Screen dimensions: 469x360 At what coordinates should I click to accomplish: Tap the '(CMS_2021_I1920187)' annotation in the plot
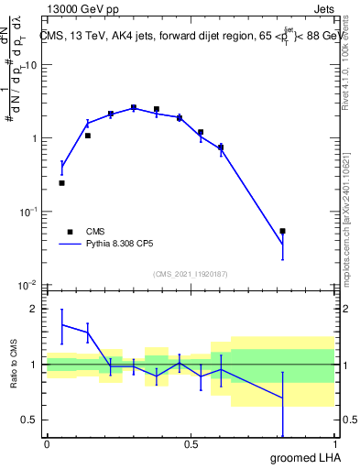189,274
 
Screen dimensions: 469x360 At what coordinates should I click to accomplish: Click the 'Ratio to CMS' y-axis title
12,364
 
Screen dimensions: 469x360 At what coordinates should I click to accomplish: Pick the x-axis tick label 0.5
191,444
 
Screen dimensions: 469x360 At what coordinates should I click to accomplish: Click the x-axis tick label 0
47,444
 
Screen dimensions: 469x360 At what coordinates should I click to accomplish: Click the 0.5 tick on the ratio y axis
27,420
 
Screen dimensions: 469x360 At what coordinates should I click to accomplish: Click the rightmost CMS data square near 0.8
282,231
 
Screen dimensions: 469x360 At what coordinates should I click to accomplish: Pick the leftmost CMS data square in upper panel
61,183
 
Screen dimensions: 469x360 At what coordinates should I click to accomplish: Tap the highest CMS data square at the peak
133,107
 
